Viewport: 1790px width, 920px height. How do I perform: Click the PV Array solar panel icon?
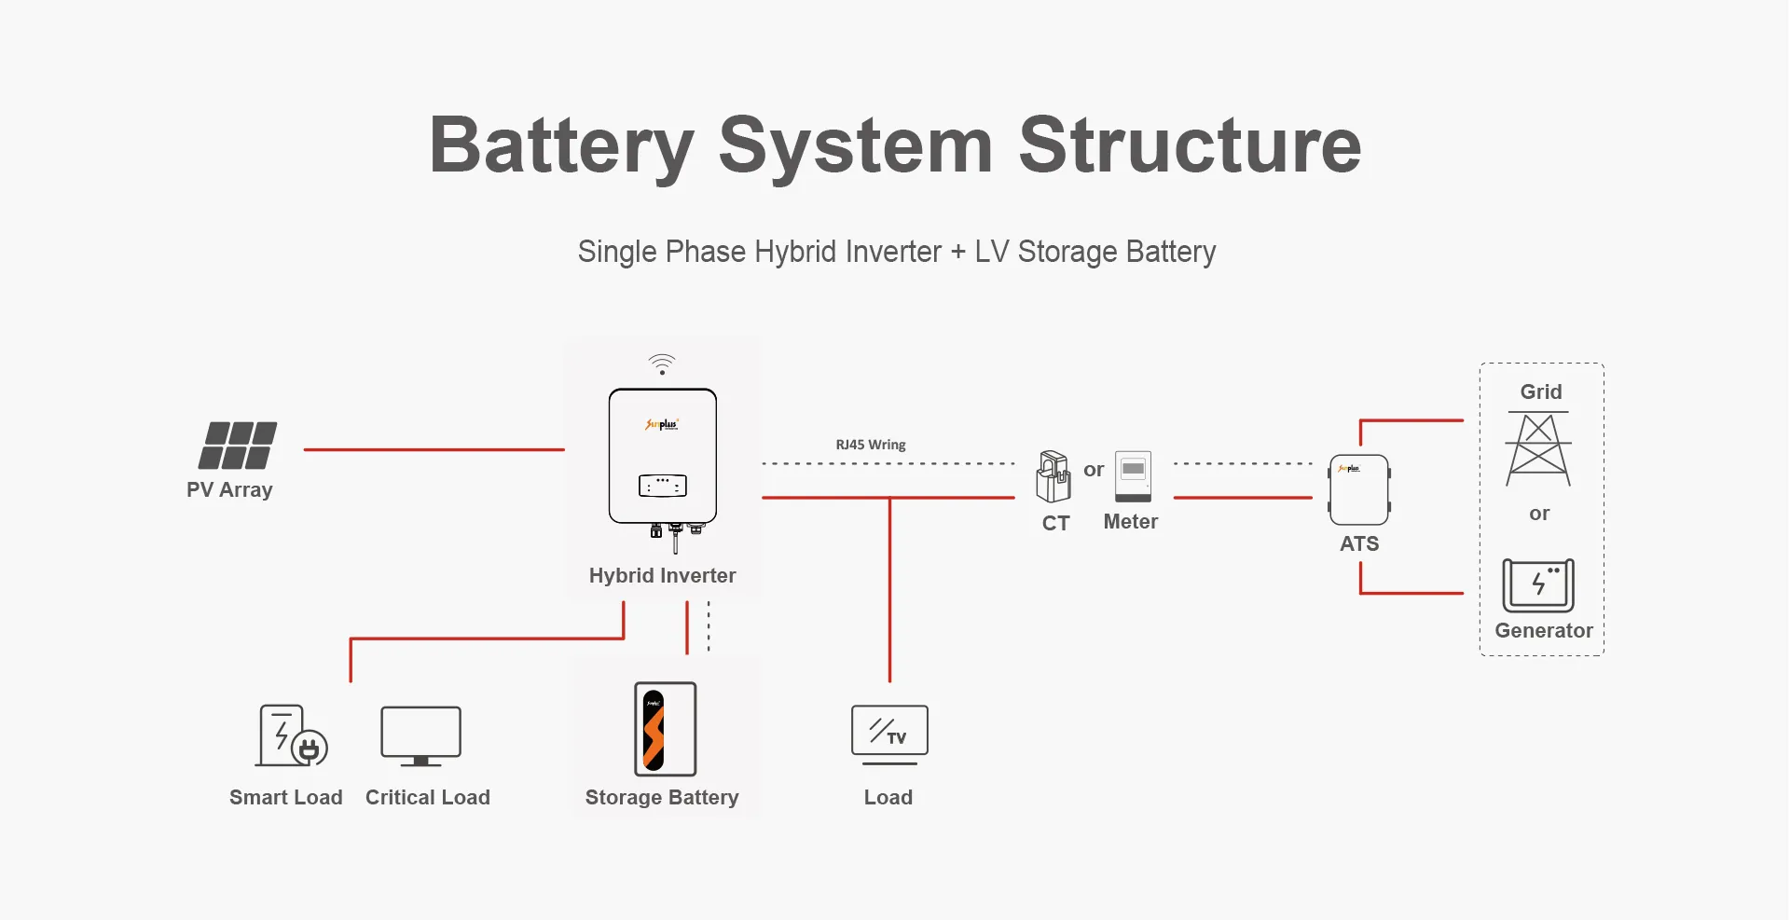[x=238, y=446]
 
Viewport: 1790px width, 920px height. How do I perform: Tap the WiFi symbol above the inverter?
[x=662, y=364]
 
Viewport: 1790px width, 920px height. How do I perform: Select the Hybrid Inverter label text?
[x=662, y=575]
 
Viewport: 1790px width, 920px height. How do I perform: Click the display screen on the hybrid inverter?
[x=662, y=486]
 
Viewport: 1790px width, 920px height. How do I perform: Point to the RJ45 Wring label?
[x=871, y=445]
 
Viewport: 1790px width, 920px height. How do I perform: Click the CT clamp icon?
[x=1053, y=476]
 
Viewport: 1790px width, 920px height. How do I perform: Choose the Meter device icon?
[x=1133, y=475]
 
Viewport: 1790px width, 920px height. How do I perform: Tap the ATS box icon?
[x=1359, y=490]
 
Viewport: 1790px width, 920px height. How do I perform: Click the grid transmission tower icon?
[x=1538, y=449]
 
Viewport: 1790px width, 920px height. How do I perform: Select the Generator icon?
[x=1538, y=584]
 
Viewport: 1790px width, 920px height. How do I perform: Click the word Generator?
[x=1544, y=631]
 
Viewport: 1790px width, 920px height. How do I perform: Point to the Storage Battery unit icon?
[x=665, y=729]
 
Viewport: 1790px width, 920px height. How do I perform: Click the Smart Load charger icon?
[x=292, y=735]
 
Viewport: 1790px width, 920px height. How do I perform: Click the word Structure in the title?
[x=1190, y=146]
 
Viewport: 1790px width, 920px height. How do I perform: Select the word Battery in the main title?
[x=561, y=146]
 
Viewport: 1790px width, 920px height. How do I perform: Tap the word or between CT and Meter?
[x=1094, y=470]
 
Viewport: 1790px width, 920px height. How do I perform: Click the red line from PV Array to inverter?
[x=434, y=449]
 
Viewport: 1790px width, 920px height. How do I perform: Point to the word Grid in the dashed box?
[x=1541, y=391]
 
